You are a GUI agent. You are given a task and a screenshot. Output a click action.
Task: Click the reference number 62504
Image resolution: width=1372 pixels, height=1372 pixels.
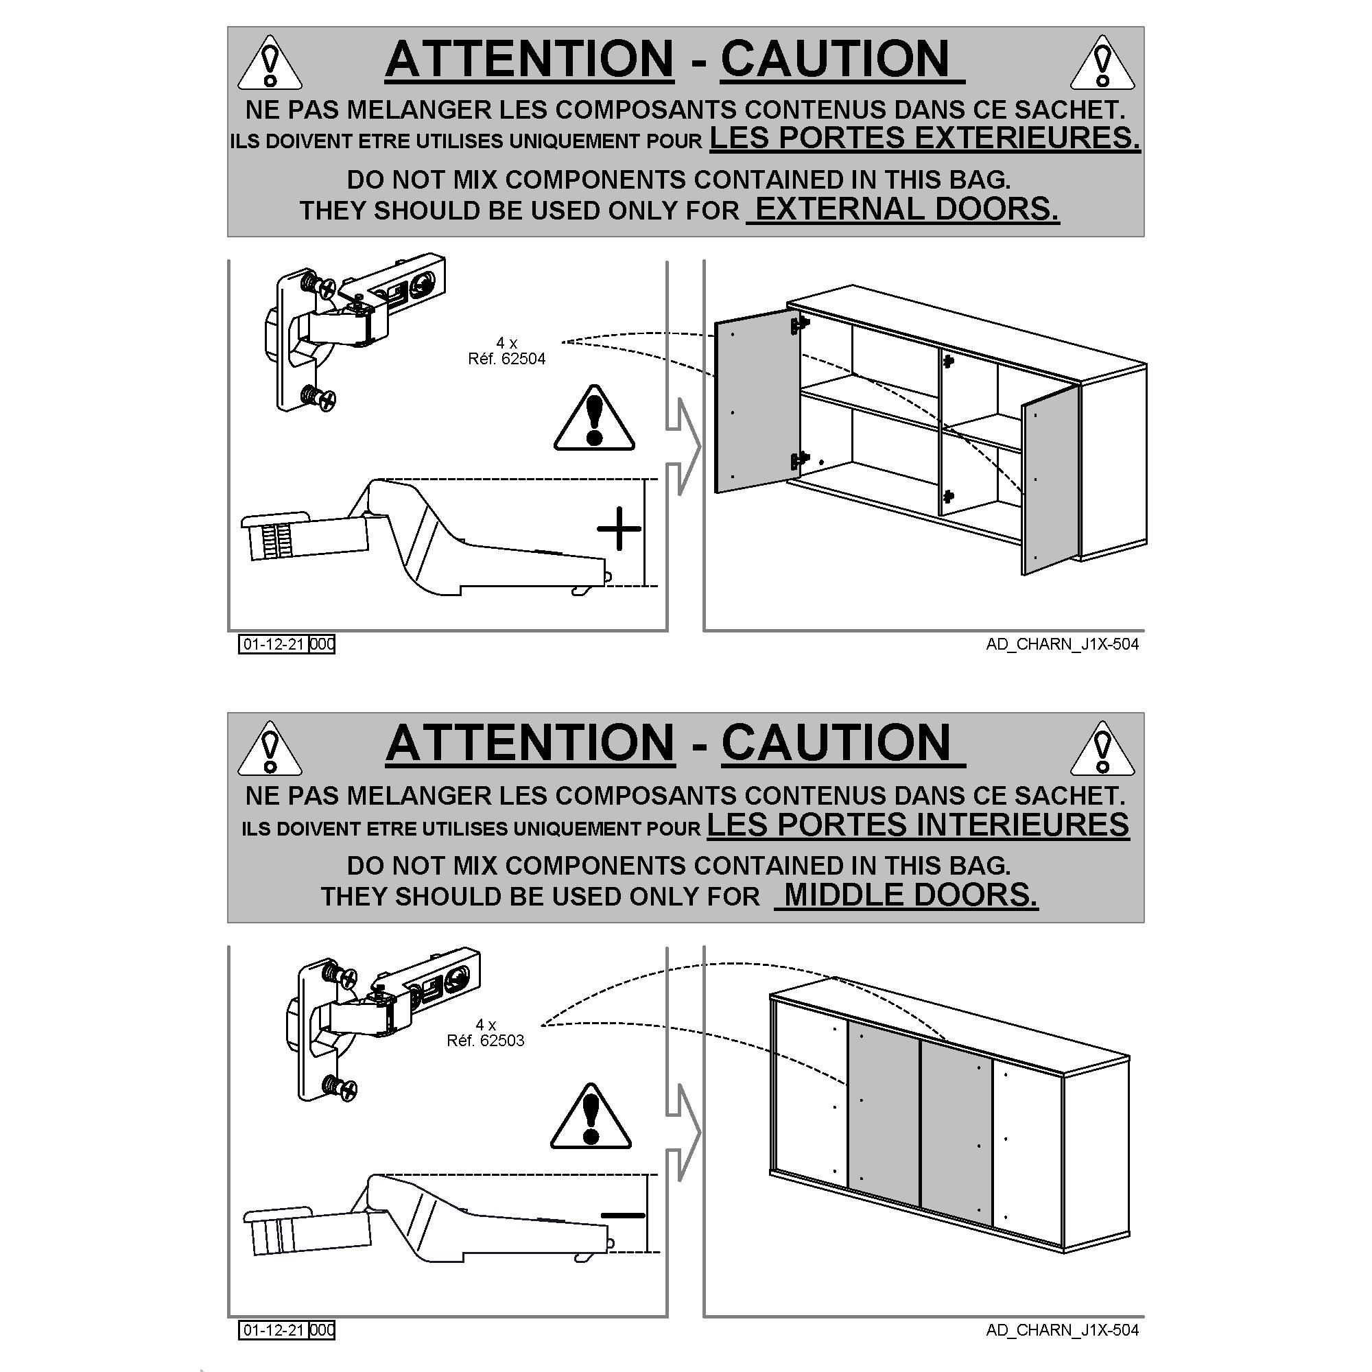[x=523, y=359]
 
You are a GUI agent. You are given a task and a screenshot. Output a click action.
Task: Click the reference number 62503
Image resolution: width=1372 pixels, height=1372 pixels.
[x=502, y=1041]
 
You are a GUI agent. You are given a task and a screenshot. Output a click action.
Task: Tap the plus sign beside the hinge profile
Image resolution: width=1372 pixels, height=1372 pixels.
[x=619, y=528]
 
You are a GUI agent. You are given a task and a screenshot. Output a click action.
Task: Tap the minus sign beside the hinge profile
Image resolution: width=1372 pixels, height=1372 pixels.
[x=623, y=1215]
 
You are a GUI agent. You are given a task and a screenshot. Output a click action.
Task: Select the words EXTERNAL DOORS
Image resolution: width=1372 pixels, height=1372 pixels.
[x=907, y=209]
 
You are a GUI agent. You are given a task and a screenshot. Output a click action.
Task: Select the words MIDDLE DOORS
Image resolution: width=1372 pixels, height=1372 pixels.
[x=911, y=895]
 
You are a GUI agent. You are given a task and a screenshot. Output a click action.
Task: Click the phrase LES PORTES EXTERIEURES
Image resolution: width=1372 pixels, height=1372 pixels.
[x=925, y=137]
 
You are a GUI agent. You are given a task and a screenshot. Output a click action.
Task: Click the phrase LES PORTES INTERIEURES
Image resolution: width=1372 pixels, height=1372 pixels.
[x=919, y=825]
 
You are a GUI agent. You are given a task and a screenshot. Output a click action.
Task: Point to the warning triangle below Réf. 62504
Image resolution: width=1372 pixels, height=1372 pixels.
[x=594, y=418]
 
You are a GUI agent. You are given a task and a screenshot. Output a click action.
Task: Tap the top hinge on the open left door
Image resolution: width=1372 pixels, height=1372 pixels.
[x=800, y=324]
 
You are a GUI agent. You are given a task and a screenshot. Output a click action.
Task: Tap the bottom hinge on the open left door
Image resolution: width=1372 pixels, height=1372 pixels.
[x=800, y=460]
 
